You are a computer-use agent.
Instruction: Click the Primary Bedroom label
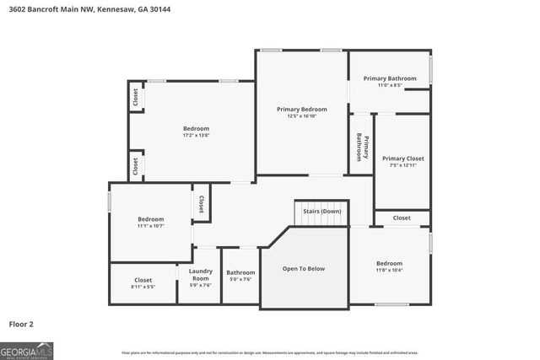click(301, 109)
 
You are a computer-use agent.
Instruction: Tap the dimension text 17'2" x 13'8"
click(196, 135)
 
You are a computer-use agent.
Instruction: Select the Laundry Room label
click(200, 275)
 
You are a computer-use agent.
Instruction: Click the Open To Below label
click(303, 269)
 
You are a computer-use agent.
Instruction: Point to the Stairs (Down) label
click(321, 211)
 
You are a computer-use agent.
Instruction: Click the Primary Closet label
click(402, 159)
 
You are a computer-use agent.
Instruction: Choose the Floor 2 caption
click(22, 323)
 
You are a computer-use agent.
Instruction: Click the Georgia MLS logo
click(27, 349)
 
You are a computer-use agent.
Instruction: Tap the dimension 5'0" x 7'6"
click(240, 279)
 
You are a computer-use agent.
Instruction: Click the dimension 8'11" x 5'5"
click(143, 287)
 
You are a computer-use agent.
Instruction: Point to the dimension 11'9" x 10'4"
click(389, 270)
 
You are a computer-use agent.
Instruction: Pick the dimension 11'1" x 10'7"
click(151, 225)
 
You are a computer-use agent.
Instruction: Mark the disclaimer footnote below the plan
click(270, 352)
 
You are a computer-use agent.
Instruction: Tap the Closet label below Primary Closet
click(402, 218)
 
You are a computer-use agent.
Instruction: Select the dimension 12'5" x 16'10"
click(301, 116)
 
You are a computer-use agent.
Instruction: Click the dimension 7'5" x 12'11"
click(402, 165)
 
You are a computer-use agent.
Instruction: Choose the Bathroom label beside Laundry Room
click(240, 272)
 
